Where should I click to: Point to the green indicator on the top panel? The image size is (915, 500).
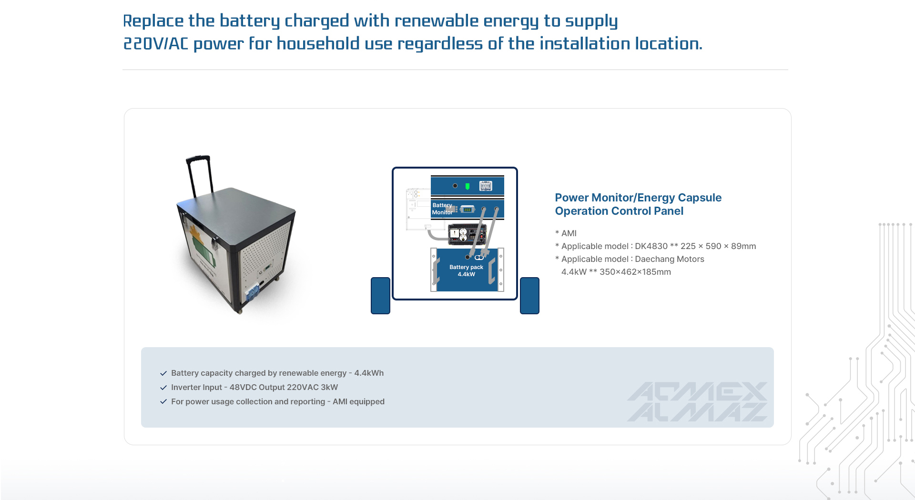click(468, 186)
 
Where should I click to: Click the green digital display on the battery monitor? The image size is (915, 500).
click(468, 210)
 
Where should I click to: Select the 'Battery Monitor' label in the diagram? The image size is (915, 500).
click(442, 209)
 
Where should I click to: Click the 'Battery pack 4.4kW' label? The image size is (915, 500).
click(466, 270)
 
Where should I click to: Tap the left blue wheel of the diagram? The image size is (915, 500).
click(380, 296)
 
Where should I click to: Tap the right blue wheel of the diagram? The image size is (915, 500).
click(529, 296)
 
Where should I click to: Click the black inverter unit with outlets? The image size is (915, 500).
click(468, 234)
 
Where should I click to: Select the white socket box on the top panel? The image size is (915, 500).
click(486, 186)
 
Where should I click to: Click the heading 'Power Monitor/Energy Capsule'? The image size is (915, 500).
click(638, 198)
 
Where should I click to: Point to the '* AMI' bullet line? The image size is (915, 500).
click(566, 233)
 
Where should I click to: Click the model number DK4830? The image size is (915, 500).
click(651, 246)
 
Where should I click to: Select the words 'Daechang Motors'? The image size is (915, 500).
click(669, 259)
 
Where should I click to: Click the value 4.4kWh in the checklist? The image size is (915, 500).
click(369, 373)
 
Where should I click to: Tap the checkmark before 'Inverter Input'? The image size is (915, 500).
click(163, 388)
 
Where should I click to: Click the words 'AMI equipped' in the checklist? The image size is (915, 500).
click(358, 401)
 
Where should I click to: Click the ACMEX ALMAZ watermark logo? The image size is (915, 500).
click(697, 401)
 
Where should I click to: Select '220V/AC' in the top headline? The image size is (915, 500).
click(156, 44)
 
